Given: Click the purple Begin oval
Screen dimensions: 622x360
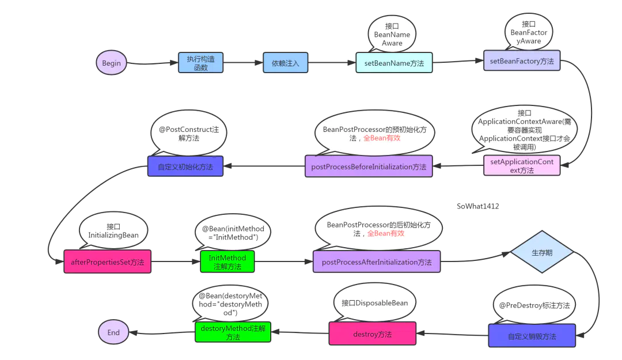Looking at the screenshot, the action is [x=112, y=63].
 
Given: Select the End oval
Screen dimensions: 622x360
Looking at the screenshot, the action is [x=113, y=332].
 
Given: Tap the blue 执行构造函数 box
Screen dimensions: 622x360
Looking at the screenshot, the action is [x=201, y=63].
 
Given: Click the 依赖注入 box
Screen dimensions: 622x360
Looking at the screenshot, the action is [x=285, y=63].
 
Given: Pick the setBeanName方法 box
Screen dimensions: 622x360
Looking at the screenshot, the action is [x=394, y=63].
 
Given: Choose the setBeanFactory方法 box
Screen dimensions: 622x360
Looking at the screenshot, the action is [x=522, y=60].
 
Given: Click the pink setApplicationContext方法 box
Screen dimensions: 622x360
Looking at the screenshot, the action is [x=522, y=165].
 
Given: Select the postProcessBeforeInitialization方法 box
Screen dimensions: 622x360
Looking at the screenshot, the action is [x=369, y=166].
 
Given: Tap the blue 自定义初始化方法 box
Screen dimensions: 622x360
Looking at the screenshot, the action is [x=185, y=166].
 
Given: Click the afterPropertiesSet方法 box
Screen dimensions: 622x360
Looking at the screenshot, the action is [x=108, y=262].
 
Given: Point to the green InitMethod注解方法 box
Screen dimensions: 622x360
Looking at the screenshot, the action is [x=227, y=262].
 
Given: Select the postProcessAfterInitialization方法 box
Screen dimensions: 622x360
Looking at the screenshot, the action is [x=377, y=262].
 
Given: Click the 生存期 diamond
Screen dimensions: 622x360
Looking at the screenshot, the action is [x=542, y=252].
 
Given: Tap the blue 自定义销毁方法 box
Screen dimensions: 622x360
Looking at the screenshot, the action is [x=532, y=336].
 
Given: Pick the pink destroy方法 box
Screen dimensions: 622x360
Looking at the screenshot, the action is [x=373, y=334].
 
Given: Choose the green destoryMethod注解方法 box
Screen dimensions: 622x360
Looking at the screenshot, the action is [x=233, y=332].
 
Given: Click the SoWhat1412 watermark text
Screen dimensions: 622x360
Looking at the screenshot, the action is [x=477, y=206].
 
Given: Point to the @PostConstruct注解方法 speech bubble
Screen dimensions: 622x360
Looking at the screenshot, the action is [x=189, y=134].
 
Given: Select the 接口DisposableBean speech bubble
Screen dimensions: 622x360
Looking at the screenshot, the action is [x=375, y=303].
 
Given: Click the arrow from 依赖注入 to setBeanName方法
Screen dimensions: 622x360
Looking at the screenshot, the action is [x=332, y=63].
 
